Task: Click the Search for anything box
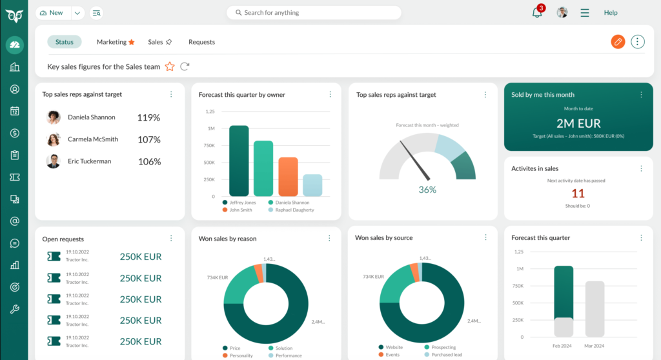314,13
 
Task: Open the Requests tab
201,42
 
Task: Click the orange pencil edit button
618,42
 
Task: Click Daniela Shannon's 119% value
148,117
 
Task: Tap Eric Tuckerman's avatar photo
54,161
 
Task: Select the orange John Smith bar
288,176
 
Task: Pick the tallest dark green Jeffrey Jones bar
239,161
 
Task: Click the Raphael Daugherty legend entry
294,210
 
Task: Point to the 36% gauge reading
427,190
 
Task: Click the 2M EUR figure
578,123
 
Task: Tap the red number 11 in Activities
578,194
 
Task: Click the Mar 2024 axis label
595,346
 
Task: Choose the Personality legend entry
241,355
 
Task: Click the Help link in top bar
611,13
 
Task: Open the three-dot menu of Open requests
171,238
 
